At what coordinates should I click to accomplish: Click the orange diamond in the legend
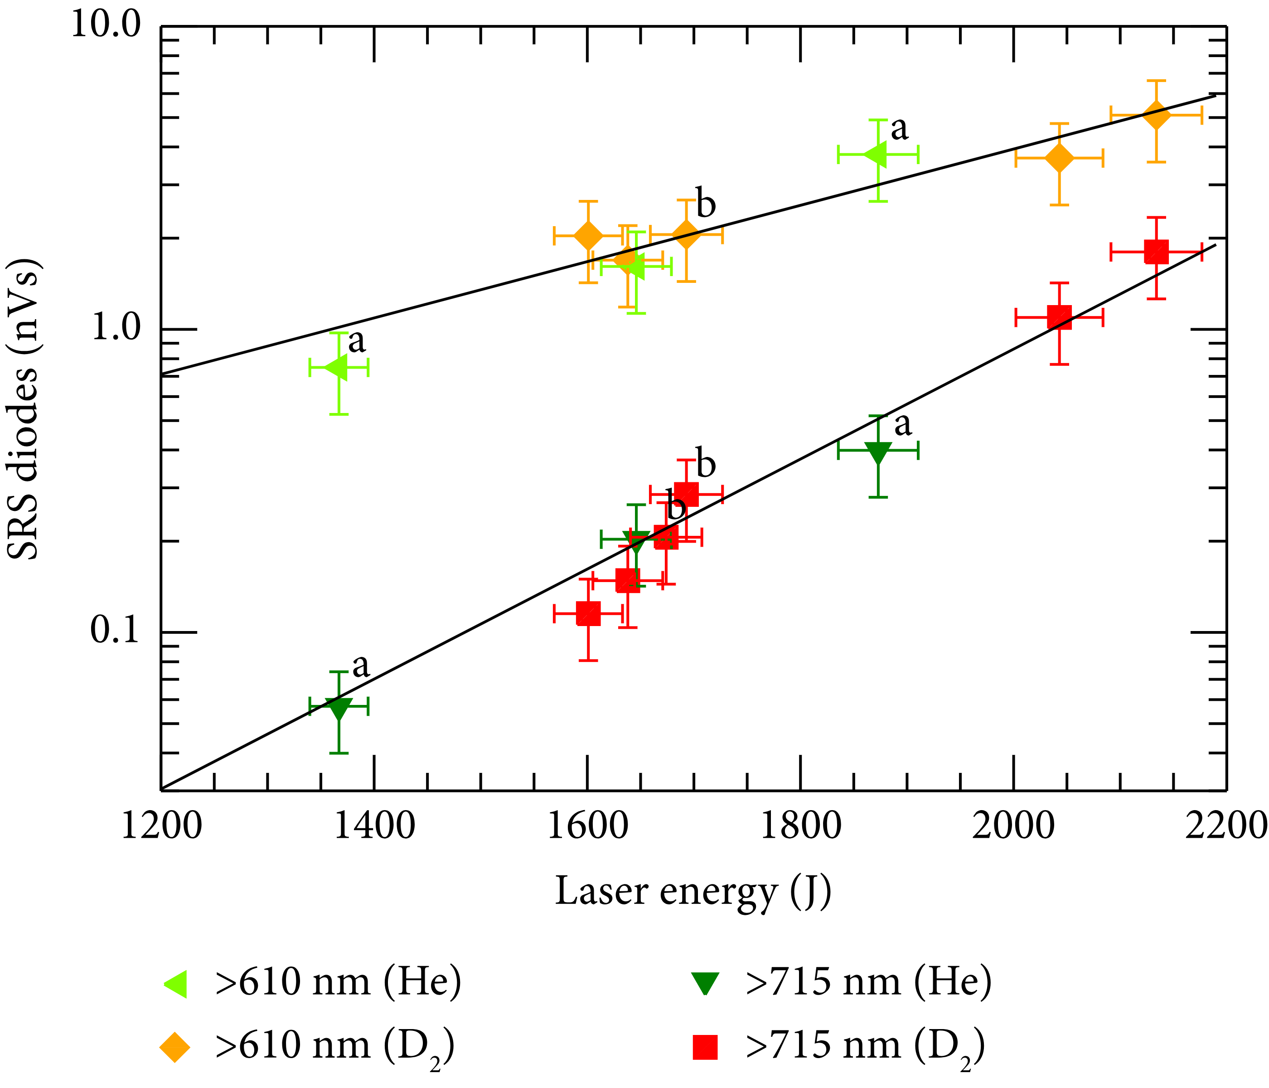click(175, 1047)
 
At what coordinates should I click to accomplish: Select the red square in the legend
click(705, 1047)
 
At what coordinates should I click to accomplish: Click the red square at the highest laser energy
click(1156, 252)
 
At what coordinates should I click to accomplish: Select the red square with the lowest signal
click(588, 613)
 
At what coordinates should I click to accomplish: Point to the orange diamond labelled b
click(686, 233)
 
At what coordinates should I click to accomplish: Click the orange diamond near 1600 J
click(588, 235)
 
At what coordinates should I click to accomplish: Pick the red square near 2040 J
click(1059, 317)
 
